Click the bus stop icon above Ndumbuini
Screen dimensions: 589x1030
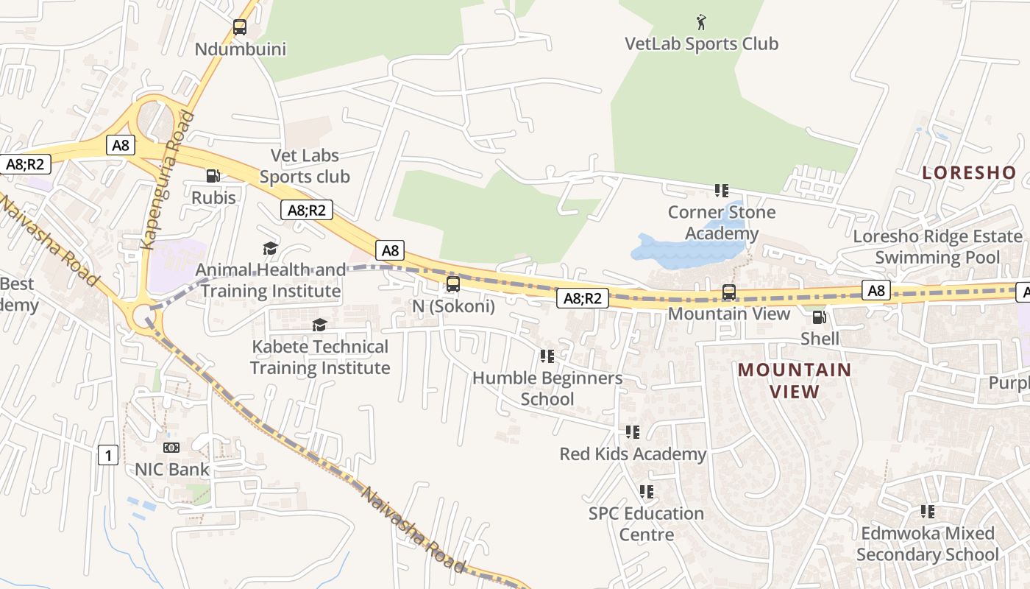(239, 27)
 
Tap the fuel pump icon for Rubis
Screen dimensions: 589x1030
(213, 176)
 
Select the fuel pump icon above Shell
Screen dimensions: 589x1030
(818, 317)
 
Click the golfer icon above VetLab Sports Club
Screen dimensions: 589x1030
(700, 21)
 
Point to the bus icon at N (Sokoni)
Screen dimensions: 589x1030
(453, 284)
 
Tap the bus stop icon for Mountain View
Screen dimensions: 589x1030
(728, 292)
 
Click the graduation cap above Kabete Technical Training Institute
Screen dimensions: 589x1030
(319, 325)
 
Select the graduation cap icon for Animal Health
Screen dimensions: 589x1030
(270, 248)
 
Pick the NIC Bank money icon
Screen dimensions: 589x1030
(171, 447)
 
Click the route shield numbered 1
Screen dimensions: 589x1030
(108, 456)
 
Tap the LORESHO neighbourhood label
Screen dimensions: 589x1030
(969, 173)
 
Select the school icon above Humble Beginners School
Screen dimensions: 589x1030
(547, 356)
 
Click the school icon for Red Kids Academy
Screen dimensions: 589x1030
(632, 432)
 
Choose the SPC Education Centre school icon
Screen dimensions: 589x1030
(646, 491)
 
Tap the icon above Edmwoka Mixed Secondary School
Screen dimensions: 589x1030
(927, 511)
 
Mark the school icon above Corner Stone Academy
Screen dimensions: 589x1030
(721, 191)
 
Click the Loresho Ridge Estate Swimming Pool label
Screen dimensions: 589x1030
(937, 247)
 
